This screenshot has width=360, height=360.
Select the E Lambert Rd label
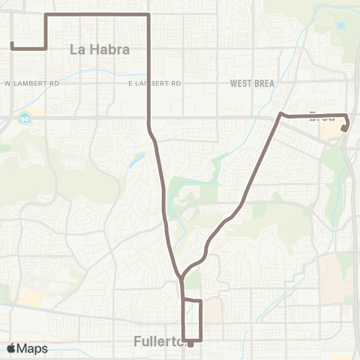tap(154, 82)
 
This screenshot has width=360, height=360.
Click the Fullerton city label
tap(158, 341)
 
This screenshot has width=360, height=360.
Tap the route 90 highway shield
tap(25, 118)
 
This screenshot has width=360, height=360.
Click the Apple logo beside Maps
tap(12, 348)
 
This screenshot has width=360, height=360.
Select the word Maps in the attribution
tap(32, 348)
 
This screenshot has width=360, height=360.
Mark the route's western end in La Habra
tap(12, 45)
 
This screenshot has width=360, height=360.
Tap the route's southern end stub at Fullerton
tap(190, 344)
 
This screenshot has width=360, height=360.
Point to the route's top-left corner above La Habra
tap(46, 14)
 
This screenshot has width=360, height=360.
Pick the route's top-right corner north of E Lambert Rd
tap(149, 14)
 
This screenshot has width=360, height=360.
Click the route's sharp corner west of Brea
tap(281, 114)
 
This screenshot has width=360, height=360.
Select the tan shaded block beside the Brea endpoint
tap(330, 131)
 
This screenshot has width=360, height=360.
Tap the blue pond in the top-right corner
tap(341, 25)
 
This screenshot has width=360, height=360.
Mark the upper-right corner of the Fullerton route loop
tap(202, 301)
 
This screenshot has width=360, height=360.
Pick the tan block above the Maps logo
tap(32, 298)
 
